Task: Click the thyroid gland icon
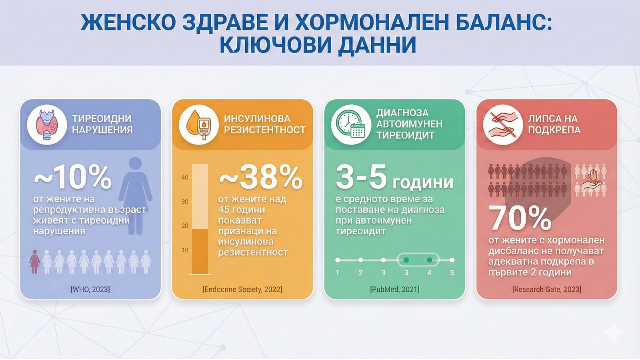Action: [x=47, y=124]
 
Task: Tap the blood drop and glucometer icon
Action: [x=199, y=124]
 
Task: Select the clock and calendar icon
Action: [x=351, y=124]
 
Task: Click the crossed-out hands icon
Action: [x=503, y=124]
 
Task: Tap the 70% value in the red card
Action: [x=520, y=218]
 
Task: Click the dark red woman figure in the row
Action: [x=35, y=262]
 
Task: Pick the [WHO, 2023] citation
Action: [x=90, y=289]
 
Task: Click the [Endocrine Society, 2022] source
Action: [x=242, y=289]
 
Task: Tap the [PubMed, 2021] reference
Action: [x=394, y=289]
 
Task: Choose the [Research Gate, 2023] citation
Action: [x=546, y=289]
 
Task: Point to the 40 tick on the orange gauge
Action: [x=185, y=178]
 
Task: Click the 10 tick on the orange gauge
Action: [x=185, y=250]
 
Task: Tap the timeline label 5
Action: [x=452, y=273]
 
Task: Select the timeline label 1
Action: [x=338, y=273]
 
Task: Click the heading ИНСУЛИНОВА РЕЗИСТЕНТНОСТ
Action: [x=264, y=124]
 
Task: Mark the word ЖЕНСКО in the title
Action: [x=128, y=22]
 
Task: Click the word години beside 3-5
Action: [x=423, y=183]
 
